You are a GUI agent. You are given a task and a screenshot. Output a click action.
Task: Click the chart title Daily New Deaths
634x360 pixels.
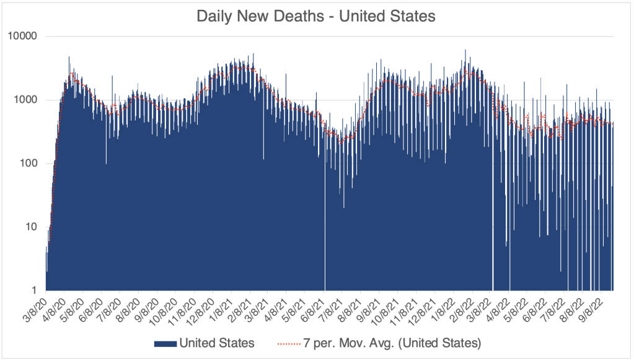[x=260, y=17]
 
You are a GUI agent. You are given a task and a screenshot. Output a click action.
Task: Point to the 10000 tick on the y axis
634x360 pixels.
[x=24, y=37]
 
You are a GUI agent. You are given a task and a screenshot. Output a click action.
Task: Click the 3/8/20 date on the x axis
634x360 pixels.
[x=35, y=307]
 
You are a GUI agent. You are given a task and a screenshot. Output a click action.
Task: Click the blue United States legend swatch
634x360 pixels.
[x=165, y=342]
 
